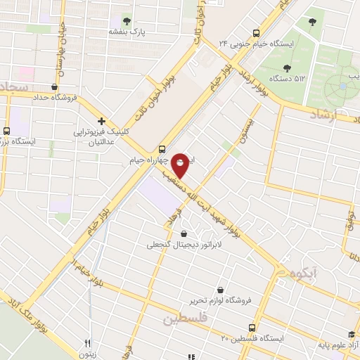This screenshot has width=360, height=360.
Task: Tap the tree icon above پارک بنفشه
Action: (x=127, y=20)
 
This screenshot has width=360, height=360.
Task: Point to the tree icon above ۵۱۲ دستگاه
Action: (x=287, y=68)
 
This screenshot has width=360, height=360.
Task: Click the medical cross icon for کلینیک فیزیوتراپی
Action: (x=102, y=121)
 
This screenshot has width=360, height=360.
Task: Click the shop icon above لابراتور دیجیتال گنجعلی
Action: (x=184, y=234)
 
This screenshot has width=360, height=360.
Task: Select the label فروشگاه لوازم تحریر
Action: (x=220, y=300)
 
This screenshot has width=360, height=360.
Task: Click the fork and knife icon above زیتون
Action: (x=87, y=344)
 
